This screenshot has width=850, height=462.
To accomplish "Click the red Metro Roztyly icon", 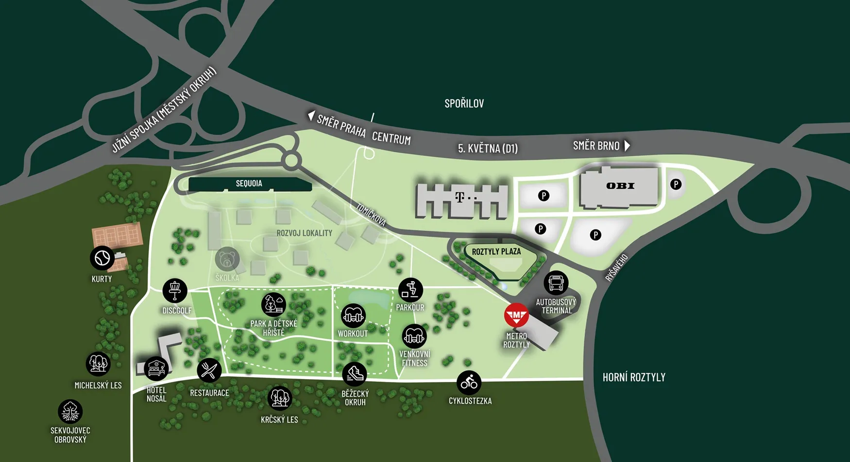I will [516, 315].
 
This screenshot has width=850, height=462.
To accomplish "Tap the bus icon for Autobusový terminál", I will [556, 283].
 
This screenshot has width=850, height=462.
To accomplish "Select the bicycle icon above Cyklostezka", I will [469, 383].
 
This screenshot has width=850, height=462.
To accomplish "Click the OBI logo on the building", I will [620, 186].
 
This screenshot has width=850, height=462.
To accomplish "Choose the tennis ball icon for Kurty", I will [102, 258].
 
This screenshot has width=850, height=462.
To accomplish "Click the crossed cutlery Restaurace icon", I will [209, 371].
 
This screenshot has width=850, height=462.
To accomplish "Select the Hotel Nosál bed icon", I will [156, 369].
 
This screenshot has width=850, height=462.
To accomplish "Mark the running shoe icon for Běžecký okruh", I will [355, 374].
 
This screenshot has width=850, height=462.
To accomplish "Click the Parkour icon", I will [410, 290].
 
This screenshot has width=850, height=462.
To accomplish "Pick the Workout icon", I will [353, 316].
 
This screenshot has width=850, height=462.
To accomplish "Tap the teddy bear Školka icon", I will [227, 259].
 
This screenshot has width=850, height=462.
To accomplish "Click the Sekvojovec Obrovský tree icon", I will [70, 412].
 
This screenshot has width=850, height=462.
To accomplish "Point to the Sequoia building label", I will [249, 183].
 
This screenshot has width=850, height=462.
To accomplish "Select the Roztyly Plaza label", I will [496, 251].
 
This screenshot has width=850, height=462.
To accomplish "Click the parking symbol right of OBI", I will [676, 184].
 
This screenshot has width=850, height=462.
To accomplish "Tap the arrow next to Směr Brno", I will [628, 146].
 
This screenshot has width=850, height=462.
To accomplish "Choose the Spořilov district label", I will [464, 103].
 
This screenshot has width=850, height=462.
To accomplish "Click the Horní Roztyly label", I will [634, 377].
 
